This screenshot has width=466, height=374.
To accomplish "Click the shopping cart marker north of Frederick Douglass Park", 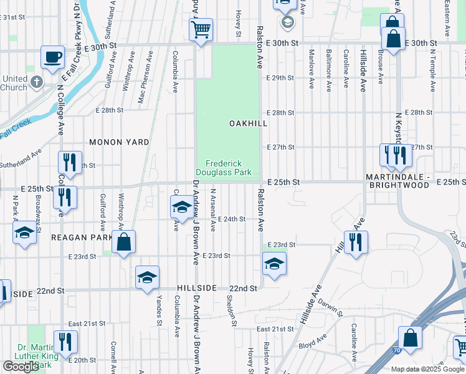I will click(201, 29).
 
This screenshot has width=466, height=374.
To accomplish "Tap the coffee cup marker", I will click(52, 57).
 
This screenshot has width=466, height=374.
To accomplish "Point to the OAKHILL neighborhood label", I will click(248, 123).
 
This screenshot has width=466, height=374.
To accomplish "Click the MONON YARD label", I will click(119, 142).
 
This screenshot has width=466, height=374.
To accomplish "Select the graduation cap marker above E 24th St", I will click(182, 206).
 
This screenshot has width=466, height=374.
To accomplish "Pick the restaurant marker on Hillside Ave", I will click(356, 241).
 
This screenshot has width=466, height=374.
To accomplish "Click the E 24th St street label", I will click(232, 219).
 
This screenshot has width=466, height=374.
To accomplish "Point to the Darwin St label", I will click(328, 306).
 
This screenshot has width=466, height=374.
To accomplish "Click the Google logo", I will click(21, 367).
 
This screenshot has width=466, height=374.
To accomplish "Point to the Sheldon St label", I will click(232, 310).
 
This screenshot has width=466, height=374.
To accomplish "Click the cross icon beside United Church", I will click(37, 82).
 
